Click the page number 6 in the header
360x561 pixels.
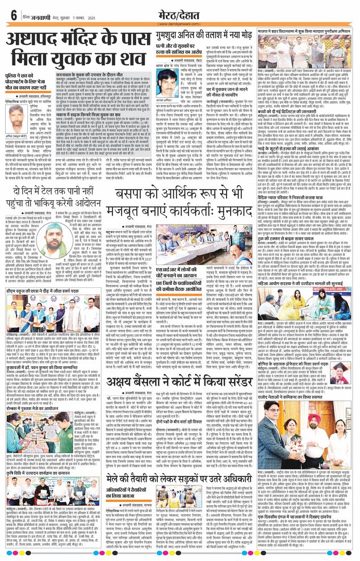click(12, 15)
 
